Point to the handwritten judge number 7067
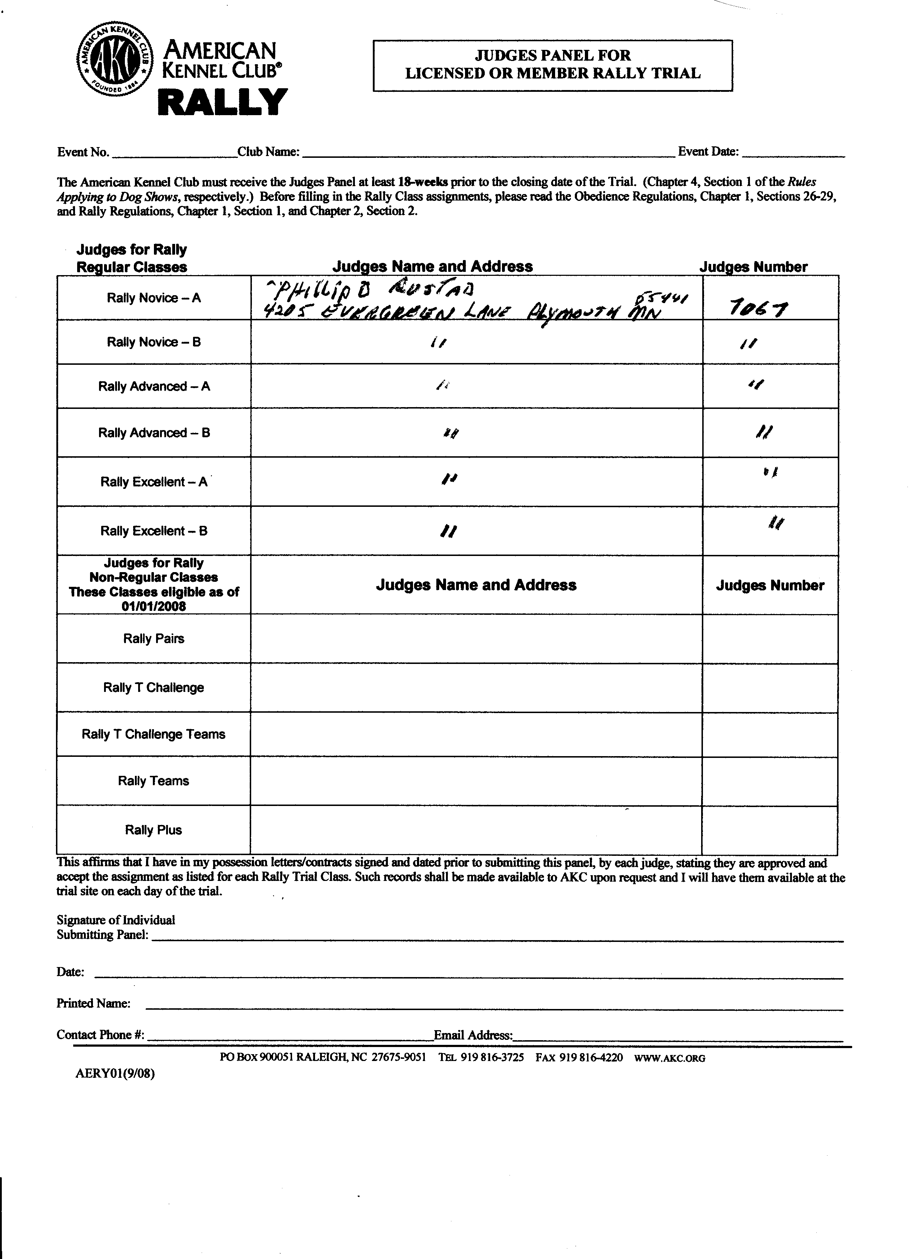coord(757,307)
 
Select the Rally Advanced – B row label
coord(154,433)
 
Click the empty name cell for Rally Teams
coord(476,781)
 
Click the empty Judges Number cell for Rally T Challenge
coord(770,688)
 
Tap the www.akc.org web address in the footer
coord(670,1058)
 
